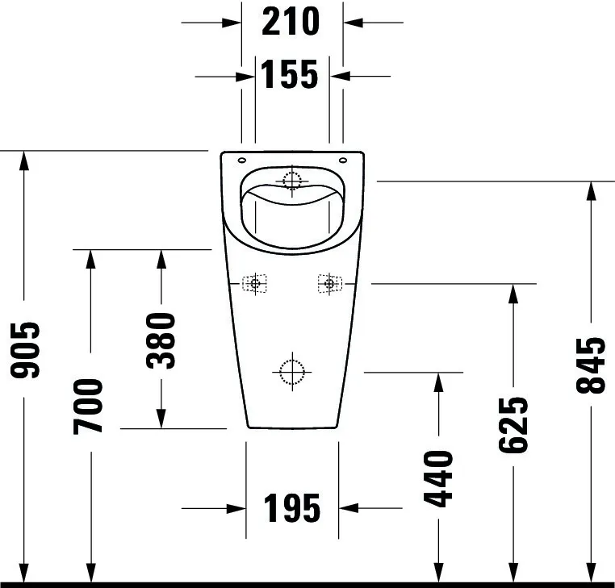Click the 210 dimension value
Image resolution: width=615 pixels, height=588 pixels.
click(x=291, y=22)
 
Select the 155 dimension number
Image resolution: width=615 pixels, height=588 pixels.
click(x=289, y=74)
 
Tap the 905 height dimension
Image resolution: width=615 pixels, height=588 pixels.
click(x=25, y=350)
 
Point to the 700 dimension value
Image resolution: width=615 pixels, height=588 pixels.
click(x=88, y=406)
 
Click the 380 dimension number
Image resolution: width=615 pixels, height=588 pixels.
click(x=161, y=340)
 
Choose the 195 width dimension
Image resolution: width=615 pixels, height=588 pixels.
click(x=292, y=508)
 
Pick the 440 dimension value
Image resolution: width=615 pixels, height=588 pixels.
click(x=438, y=479)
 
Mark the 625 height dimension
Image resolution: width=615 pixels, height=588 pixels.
click(x=513, y=425)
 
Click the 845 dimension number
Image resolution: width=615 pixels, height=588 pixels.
click(x=591, y=365)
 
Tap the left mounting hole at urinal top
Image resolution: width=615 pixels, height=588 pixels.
click(x=242, y=160)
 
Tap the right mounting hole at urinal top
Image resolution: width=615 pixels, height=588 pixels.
click(x=343, y=160)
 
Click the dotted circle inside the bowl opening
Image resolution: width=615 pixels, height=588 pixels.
click(x=292, y=181)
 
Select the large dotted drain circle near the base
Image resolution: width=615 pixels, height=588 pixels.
click(x=292, y=372)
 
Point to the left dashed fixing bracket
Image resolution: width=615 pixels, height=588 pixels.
click(x=254, y=283)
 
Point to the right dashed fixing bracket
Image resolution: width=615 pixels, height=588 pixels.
click(x=329, y=283)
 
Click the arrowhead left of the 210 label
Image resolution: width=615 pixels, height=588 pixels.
click(x=232, y=23)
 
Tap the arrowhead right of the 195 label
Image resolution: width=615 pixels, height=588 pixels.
click(x=349, y=508)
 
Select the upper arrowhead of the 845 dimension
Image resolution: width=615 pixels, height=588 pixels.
click(x=591, y=191)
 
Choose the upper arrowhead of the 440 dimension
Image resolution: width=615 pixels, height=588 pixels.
click(x=438, y=382)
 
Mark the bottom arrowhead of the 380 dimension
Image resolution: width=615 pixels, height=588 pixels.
click(x=161, y=419)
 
